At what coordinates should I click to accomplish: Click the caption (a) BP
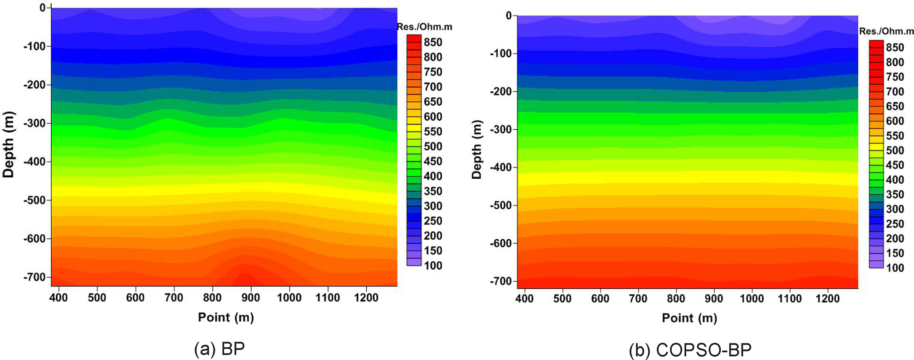219,349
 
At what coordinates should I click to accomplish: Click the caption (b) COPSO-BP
690,350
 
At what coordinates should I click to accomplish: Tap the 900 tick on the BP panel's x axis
251,298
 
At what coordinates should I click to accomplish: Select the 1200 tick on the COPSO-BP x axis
827,299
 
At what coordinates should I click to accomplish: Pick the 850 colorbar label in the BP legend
433,42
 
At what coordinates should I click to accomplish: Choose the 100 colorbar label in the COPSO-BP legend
895,268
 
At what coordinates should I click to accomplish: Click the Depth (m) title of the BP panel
9,145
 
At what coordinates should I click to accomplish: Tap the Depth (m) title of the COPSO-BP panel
477,149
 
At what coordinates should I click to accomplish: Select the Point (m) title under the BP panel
226,317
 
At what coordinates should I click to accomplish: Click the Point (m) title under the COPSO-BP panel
689,318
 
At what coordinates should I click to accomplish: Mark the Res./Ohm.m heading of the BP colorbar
424,27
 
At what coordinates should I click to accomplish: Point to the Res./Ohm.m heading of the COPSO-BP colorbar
886,31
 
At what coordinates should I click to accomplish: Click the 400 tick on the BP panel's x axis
58,298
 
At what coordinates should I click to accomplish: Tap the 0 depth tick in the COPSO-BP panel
509,16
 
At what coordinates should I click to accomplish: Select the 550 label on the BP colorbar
433,131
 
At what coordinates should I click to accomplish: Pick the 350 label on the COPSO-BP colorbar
895,195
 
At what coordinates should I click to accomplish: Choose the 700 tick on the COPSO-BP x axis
638,299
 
